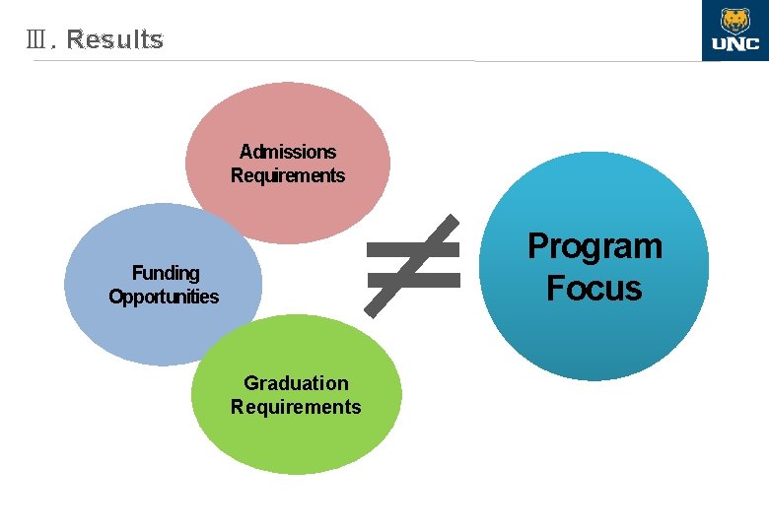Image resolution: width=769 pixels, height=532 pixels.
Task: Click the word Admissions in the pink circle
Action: click(x=288, y=152)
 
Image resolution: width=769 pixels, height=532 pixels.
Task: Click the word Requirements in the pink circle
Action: click(x=288, y=175)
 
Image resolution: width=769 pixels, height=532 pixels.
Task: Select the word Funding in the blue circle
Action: click(x=166, y=273)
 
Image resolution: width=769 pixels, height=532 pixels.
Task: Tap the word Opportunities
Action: click(x=164, y=297)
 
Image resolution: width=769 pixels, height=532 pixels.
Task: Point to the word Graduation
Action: click(x=296, y=382)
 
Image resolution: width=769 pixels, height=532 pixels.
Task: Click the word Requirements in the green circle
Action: click(x=296, y=407)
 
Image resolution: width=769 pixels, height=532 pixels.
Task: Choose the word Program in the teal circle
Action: click(x=594, y=245)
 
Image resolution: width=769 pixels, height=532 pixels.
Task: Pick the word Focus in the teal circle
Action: click(x=594, y=288)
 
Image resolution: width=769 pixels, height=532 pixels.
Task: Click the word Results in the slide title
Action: click(x=115, y=40)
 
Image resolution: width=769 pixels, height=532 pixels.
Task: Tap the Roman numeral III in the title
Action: click(x=39, y=40)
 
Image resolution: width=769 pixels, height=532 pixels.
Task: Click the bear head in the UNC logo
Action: click(x=734, y=20)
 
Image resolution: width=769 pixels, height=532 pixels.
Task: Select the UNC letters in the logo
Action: click(x=734, y=44)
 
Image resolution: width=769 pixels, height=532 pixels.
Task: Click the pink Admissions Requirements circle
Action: click(x=287, y=118)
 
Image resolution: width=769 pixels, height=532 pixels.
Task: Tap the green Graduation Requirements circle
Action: click(x=296, y=443)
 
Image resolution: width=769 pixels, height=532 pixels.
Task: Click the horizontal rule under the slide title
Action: click(x=296, y=61)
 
